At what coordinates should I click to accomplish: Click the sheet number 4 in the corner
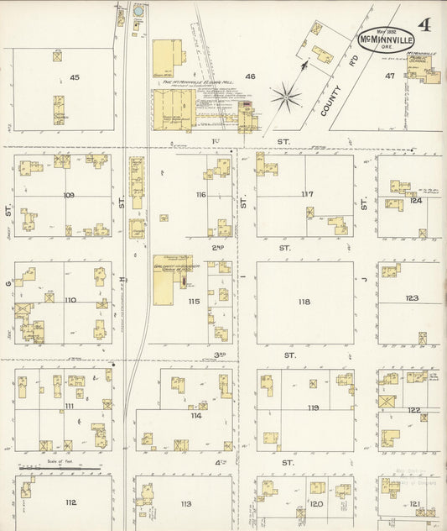425,24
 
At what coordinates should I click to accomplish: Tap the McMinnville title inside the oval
387,39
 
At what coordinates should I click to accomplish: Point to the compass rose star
287,97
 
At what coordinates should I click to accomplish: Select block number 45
75,77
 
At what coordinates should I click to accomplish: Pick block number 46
249,76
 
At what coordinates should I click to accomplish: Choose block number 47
389,76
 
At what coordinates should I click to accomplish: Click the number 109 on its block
69,195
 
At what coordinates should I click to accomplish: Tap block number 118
304,302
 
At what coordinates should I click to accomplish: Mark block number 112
70,502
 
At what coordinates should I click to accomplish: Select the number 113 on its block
185,504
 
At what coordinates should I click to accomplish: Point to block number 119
313,407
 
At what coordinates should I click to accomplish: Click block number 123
412,298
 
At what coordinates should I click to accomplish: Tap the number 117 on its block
307,194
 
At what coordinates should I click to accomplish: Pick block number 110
70,300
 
